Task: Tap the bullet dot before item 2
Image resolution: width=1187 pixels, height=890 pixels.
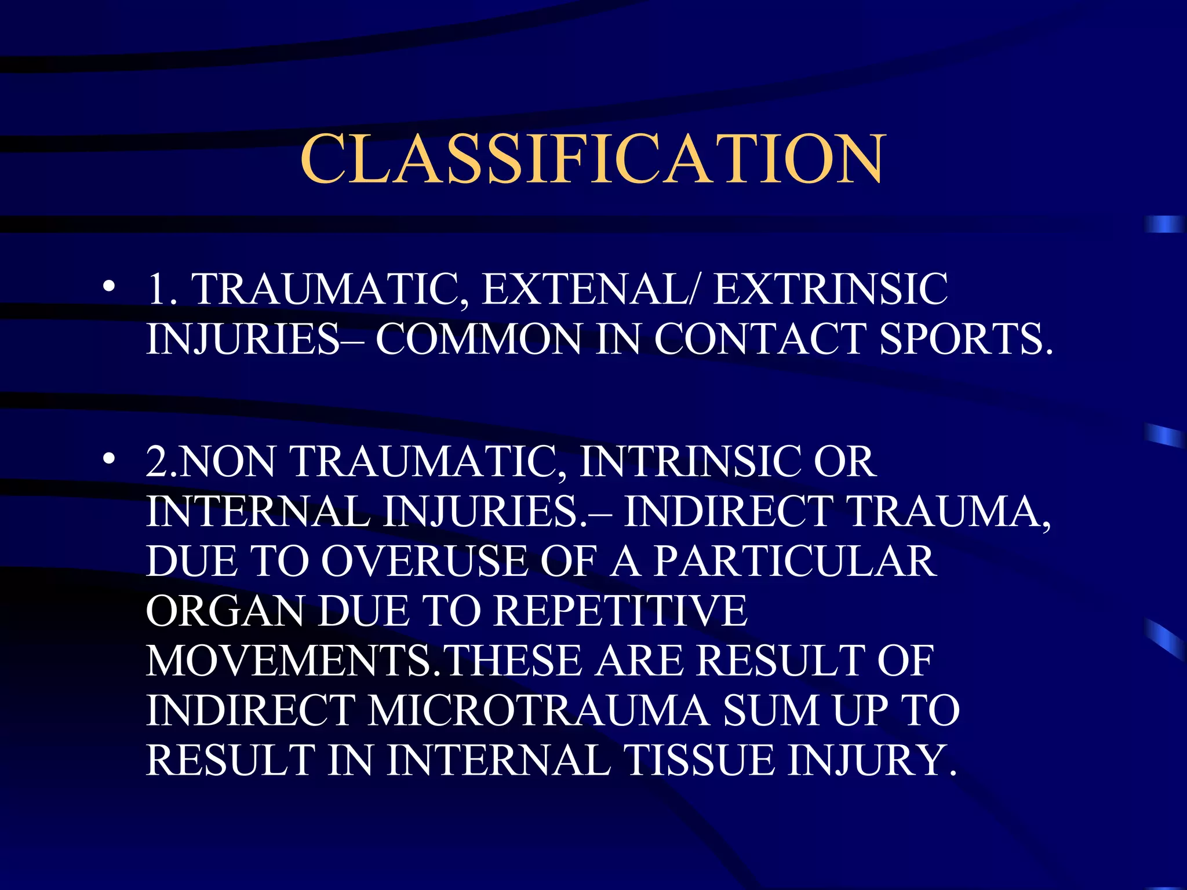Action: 108,459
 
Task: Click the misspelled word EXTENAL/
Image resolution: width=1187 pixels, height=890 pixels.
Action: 591,289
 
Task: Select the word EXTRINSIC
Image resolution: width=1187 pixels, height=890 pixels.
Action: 830,289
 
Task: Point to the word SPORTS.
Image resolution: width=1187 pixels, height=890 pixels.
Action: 966,339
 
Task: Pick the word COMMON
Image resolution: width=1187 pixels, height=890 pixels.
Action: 478,339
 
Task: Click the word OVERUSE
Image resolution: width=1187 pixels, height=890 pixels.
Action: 424,561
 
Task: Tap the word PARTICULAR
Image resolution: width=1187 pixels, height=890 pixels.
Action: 795,561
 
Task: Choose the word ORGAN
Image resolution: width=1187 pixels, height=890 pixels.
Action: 225,611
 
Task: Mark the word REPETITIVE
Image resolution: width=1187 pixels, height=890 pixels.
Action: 621,611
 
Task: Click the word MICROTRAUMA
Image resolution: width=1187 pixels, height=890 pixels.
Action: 538,711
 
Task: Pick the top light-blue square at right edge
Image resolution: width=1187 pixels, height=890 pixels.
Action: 1164,224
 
